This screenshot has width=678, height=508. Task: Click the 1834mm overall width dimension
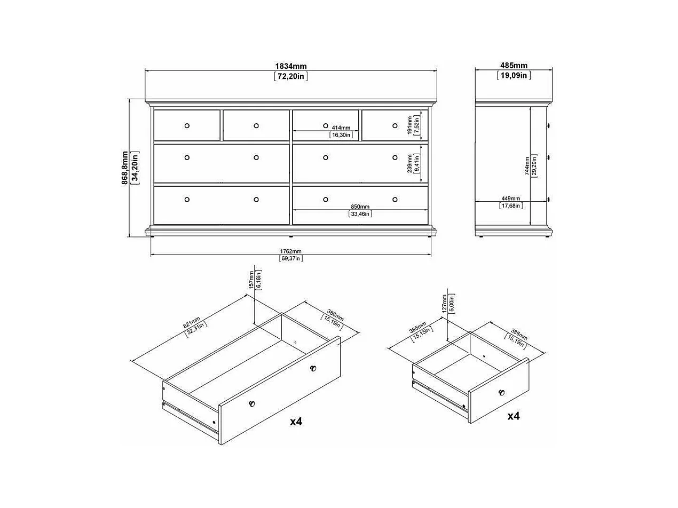click(x=290, y=66)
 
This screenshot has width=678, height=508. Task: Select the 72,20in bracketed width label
click(x=291, y=76)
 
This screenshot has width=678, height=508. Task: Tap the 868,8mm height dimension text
click(x=125, y=168)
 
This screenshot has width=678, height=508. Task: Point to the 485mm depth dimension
click(x=514, y=66)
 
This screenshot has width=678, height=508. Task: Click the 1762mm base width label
click(x=290, y=251)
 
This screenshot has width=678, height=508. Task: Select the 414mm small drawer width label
click(x=341, y=128)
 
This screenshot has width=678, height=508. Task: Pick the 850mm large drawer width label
click(x=360, y=207)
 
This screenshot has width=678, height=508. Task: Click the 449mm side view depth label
click(x=511, y=199)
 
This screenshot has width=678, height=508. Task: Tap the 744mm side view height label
click(x=527, y=166)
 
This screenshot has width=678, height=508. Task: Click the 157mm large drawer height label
click(x=251, y=280)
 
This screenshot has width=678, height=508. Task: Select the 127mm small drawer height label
click(x=444, y=304)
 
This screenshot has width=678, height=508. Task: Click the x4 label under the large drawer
click(x=296, y=422)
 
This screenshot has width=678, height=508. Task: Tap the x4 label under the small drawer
click(x=513, y=416)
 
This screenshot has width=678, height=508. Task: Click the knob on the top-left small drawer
click(x=187, y=125)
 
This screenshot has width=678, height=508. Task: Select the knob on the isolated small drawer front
click(x=501, y=393)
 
